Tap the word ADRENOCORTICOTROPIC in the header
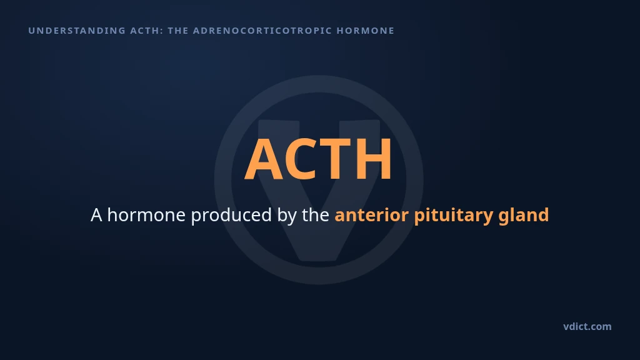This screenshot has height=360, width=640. pyautogui.click(x=262, y=31)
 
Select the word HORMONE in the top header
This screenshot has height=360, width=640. pyautogui.click(x=365, y=31)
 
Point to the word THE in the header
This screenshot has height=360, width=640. pyautogui.click(x=178, y=31)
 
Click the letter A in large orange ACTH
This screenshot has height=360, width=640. pyautogui.click(x=264, y=159)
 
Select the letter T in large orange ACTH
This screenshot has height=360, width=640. pyautogui.click(x=335, y=159)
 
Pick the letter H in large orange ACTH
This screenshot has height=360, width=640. pyautogui.click(x=373, y=159)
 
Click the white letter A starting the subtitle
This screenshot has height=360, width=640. pyautogui.click(x=96, y=215)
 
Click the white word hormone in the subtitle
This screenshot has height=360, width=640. pyautogui.click(x=146, y=215)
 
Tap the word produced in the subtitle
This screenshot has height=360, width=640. pyautogui.click(x=231, y=215)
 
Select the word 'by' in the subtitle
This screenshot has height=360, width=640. pyautogui.click(x=287, y=216)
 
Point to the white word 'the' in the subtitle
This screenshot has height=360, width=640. pyautogui.click(x=316, y=215)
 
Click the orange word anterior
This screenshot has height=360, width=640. pyautogui.click(x=371, y=215)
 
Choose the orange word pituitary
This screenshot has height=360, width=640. pyautogui.click(x=454, y=216)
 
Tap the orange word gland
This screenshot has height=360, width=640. pyautogui.click(x=524, y=216)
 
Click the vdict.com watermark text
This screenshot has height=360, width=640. pyautogui.click(x=587, y=326)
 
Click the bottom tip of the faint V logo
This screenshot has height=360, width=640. pyautogui.click(x=318, y=261)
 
